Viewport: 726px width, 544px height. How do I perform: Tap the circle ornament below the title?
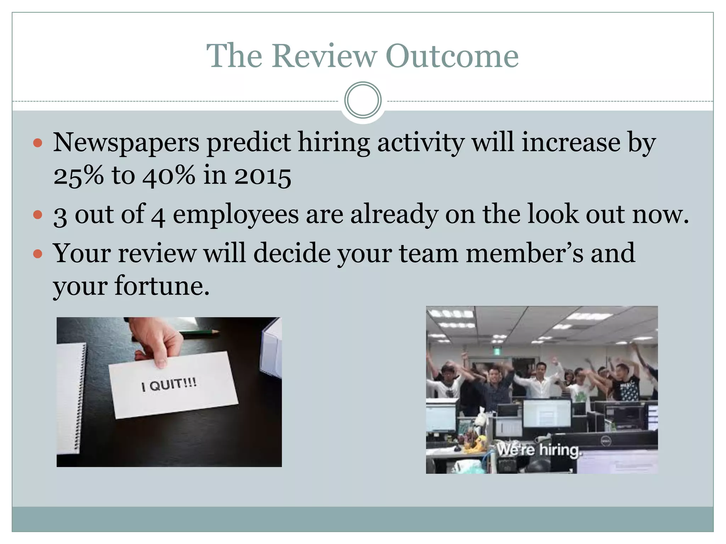click(363, 100)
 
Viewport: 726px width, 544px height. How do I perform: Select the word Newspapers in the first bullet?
click(126, 143)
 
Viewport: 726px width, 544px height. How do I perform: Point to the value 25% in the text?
click(79, 176)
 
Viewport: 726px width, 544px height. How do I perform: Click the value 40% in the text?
click(169, 176)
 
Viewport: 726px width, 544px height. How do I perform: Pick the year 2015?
click(263, 176)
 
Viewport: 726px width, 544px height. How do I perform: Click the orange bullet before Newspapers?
click(38, 143)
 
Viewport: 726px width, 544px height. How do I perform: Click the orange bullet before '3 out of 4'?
click(38, 215)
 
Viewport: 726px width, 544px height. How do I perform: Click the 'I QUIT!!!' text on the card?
click(169, 385)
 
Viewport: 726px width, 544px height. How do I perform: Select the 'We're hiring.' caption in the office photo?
click(538, 450)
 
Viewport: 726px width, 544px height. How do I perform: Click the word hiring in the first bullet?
click(334, 143)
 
